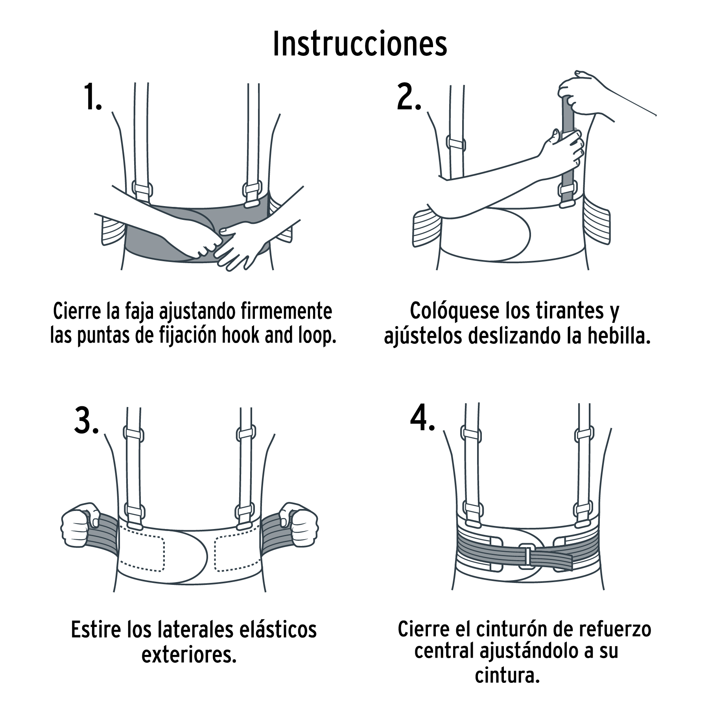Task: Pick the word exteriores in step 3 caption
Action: point(189,655)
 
